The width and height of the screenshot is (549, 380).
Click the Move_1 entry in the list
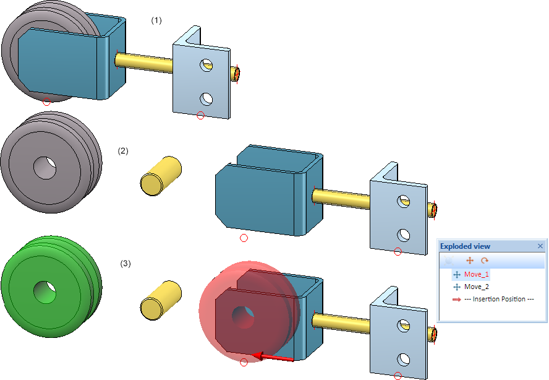click(x=476, y=275)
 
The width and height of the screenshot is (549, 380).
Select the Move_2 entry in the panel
click(x=476, y=287)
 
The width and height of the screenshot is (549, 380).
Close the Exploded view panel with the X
click(x=540, y=246)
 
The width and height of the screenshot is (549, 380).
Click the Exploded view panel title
click(x=465, y=246)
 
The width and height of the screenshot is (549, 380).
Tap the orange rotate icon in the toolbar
click(x=485, y=261)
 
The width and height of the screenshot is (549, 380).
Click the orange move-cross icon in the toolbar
click(x=470, y=261)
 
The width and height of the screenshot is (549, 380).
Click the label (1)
click(x=156, y=20)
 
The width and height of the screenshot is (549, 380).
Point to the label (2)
click(x=123, y=151)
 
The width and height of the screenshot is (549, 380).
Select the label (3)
click(x=126, y=263)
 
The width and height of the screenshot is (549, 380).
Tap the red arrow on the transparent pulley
click(x=273, y=357)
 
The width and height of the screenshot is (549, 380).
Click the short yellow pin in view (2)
click(x=161, y=176)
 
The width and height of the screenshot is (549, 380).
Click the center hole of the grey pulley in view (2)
click(x=45, y=168)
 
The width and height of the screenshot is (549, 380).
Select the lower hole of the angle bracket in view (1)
click(x=206, y=99)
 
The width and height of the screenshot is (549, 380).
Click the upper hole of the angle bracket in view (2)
click(x=404, y=202)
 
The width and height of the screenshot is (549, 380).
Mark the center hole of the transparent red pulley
click(x=244, y=317)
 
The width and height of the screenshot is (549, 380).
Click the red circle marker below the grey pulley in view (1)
click(x=46, y=101)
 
